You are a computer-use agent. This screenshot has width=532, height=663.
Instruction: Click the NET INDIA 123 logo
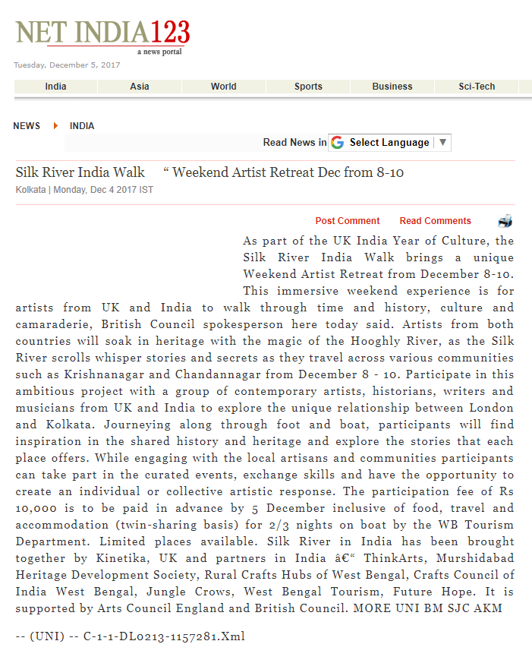coord(102,34)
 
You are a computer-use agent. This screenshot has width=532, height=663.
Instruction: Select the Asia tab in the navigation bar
coord(140,87)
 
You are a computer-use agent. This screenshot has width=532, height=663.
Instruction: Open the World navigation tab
coord(224,87)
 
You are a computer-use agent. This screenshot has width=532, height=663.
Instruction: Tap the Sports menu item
coord(308,87)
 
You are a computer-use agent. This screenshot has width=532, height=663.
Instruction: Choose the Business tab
coord(392,87)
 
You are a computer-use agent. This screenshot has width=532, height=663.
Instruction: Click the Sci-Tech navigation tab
coord(477,87)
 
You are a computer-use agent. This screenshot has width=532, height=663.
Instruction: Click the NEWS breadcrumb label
coord(27,126)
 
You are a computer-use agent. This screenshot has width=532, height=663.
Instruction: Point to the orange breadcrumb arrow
coord(56,126)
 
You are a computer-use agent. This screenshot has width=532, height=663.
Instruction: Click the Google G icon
coord(337,143)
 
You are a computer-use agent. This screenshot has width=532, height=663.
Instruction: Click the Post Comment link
coord(348,221)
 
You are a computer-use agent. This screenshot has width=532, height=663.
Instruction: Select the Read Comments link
coord(436,221)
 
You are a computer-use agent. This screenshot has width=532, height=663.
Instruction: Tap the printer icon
coord(505,221)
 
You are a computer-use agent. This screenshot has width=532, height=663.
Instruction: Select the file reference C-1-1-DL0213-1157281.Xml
coord(164,636)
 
